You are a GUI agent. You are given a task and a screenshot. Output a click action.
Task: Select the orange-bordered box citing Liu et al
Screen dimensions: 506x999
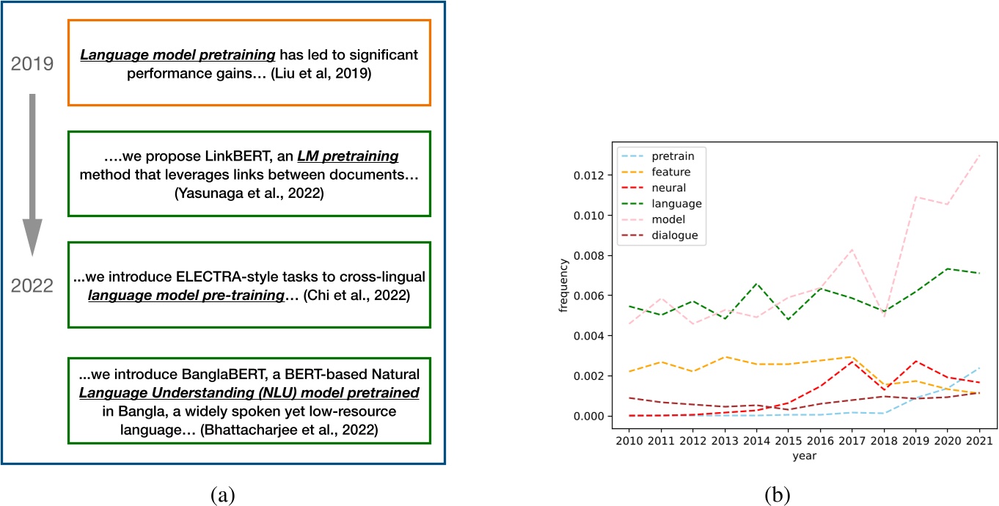tap(249, 63)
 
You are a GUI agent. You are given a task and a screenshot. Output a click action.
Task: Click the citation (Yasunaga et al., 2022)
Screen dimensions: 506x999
tap(249, 200)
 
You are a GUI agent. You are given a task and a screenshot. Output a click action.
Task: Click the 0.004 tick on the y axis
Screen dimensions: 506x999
tap(577, 336)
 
